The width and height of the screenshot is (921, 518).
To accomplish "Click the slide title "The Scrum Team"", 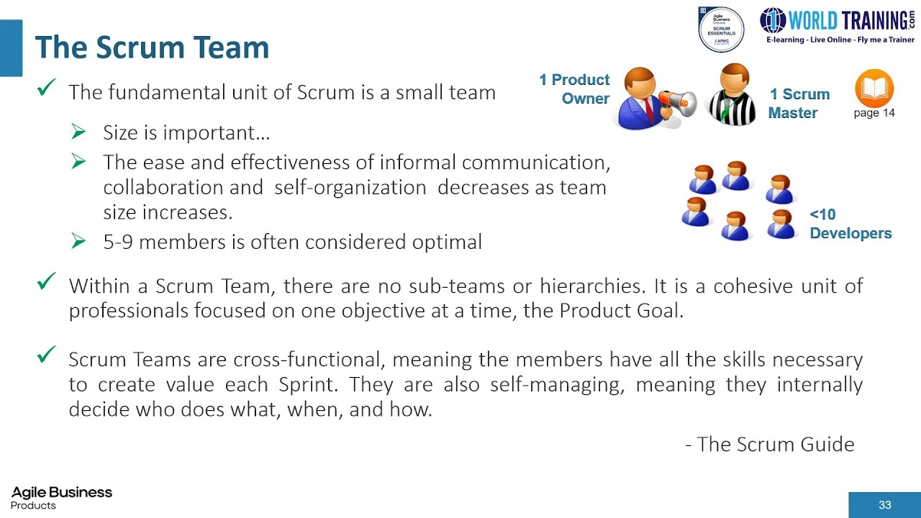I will point(152,47).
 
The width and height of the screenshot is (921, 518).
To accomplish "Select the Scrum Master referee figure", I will point(733,95).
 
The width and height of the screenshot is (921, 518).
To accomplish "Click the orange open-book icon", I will point(874,88).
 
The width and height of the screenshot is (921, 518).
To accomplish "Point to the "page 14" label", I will point(874,113).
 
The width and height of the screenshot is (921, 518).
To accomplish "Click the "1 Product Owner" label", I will point(575,89).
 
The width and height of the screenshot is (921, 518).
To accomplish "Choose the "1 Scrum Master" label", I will point(799,104).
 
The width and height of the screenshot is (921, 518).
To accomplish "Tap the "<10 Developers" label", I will point(850,224).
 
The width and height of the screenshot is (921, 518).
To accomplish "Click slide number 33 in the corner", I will point(885,505).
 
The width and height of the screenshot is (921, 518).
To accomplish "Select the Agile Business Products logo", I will point(61,497).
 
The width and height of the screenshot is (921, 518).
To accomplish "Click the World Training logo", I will point(838,25).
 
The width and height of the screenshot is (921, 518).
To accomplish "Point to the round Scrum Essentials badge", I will point(721,29).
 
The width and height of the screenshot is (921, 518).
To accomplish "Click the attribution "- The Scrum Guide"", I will point(770,444).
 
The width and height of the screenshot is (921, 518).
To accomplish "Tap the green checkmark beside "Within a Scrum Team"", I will point(47,282).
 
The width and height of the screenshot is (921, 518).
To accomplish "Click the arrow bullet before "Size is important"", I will point(79,132).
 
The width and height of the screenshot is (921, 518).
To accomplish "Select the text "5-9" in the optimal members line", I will point(118,242).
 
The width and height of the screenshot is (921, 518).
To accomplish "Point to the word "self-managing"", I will point(553,384).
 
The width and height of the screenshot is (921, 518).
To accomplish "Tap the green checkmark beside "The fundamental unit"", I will point(47,88).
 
